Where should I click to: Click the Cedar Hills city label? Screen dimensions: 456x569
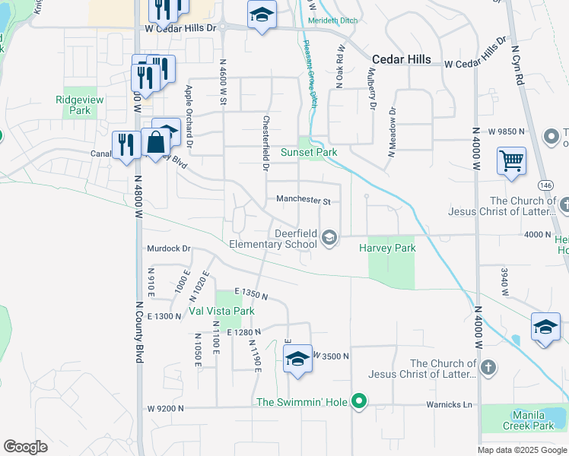point(402,59)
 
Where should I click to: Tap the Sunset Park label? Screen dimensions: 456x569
point(309,153)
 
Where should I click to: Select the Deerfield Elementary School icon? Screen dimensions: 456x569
point(329,238)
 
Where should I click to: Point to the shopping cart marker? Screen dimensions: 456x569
point(512,161)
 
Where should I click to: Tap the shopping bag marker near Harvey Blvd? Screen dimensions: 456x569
point(156,142)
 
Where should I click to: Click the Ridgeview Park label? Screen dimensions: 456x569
point(73,105)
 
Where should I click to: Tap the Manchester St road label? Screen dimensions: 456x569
point(303,201)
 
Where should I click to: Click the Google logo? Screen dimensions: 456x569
point(25,446)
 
